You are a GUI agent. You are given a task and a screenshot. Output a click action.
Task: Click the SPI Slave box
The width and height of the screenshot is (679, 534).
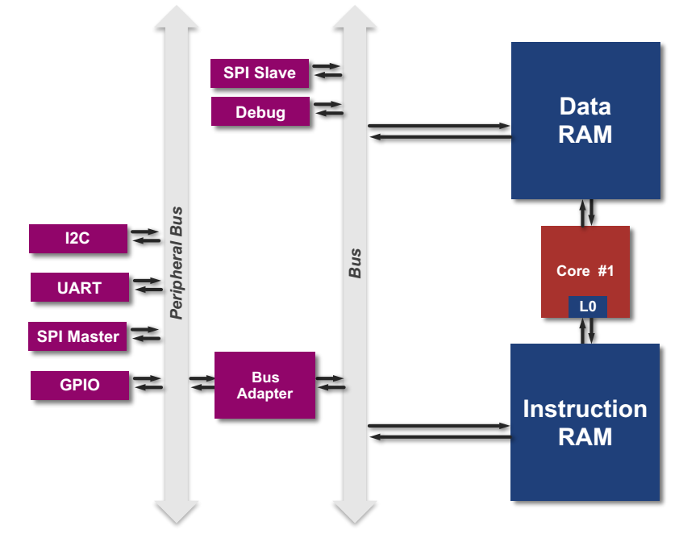point(260,73)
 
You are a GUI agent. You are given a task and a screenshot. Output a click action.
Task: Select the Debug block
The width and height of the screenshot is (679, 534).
point(260,111)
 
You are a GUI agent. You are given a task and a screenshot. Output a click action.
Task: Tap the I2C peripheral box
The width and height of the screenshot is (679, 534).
point(77,239)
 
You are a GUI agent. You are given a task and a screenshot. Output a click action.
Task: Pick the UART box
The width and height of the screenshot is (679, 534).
point(79,287)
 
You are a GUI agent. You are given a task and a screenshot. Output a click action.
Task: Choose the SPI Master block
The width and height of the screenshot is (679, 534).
point(77,336)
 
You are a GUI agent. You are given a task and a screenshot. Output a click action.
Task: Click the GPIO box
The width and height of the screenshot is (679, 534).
point(79,385)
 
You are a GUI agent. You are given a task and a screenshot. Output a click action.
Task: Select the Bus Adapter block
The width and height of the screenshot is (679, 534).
point(265,385)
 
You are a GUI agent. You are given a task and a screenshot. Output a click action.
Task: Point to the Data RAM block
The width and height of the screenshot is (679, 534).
point(585,121)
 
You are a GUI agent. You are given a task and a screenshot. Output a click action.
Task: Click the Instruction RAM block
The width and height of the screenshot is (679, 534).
point(585,422)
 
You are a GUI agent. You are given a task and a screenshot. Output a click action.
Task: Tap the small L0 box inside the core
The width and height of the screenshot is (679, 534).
point(587,307)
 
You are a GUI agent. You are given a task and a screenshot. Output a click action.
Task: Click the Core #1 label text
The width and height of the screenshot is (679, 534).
point(585,271)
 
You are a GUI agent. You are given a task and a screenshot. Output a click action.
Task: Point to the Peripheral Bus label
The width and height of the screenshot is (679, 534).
point(177,263)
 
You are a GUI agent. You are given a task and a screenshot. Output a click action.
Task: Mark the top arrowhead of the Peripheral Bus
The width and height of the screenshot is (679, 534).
point(177,18)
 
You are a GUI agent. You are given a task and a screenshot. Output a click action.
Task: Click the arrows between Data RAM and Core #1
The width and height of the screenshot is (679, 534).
point(587,212)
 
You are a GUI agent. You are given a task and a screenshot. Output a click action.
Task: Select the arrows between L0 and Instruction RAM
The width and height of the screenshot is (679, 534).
point(587,330)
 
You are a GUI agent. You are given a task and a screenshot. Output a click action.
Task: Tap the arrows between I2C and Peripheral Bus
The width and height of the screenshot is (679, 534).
point(146,236)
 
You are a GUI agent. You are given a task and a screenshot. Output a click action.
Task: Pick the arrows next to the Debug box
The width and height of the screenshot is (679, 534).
point(328,108)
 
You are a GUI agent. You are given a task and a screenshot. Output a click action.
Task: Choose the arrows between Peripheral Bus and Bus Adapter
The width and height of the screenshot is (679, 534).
point(202,383)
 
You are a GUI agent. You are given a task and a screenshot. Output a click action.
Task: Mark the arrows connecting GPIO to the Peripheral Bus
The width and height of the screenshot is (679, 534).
point(148,382)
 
